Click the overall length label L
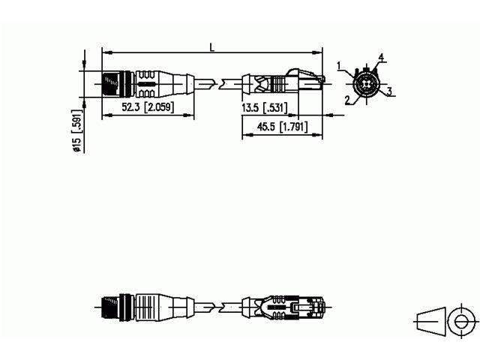coord(212,47)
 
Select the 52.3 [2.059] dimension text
coord(148,108)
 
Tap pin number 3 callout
coord(390,91)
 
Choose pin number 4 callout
coord(381,58)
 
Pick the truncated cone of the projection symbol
coord(428,321)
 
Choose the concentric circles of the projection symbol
coord(458,321)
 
